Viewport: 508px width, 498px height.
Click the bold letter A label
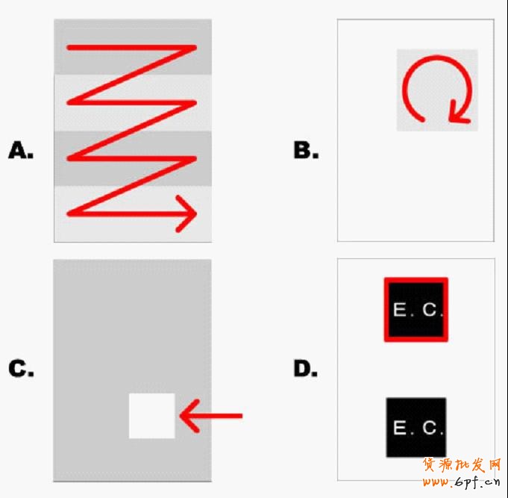pos(21,150)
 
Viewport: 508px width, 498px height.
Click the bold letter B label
pos(306,150)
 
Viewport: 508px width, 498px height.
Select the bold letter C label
pos(21,369)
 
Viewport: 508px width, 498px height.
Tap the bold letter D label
pos(306,369)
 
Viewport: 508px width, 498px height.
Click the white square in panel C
pos(152,416)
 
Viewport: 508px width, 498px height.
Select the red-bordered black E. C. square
pos(416,309)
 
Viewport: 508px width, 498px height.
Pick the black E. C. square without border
pos(416,427)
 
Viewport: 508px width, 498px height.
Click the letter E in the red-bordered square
pos(400,309)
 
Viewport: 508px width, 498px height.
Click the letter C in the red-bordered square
pos(430,310)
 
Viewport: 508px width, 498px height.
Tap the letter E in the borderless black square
pos(400,427)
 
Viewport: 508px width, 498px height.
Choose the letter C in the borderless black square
pos(430,428)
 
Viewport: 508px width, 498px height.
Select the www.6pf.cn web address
pos(461,482)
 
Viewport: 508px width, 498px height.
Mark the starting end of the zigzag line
pos(69,48)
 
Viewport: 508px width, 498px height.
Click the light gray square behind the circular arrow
pos(437,90)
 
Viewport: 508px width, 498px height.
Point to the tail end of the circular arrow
pos(421,119)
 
